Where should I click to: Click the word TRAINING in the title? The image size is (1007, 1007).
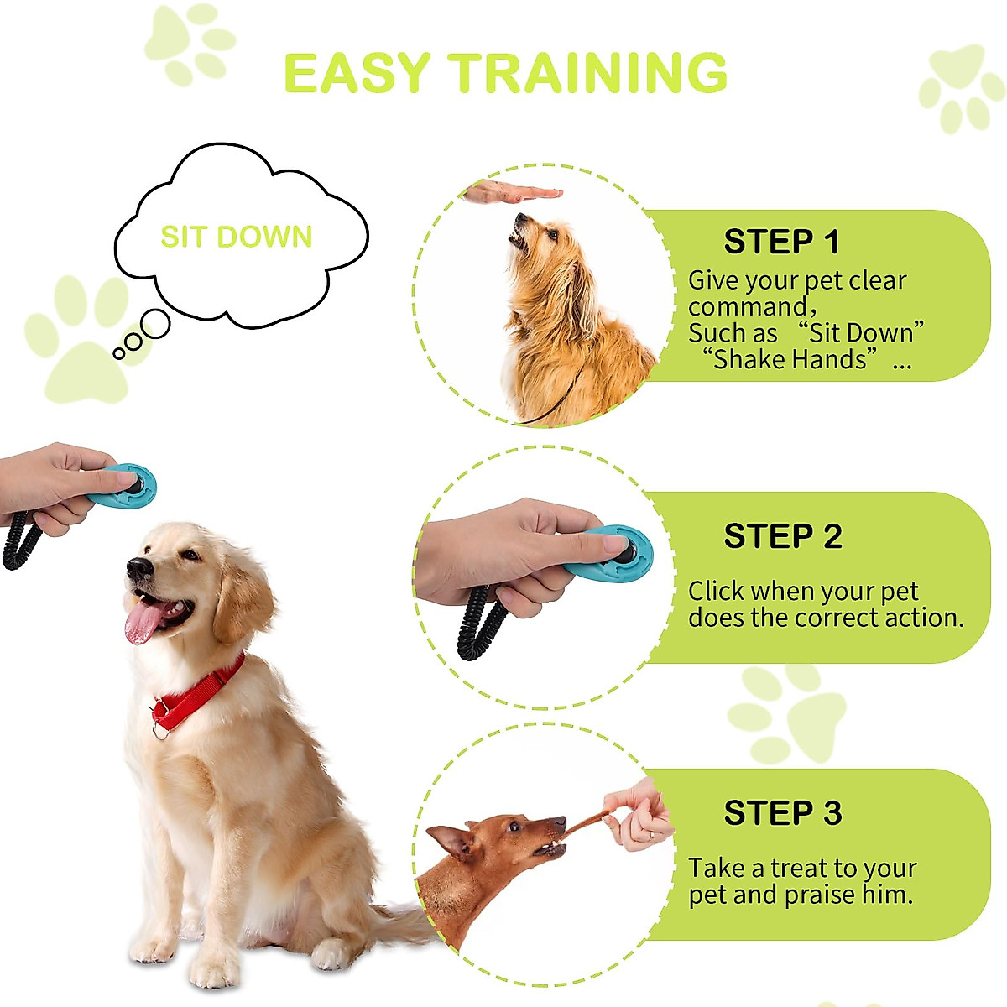click(587, 74)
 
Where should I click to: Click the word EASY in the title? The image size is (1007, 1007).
click(357, 74)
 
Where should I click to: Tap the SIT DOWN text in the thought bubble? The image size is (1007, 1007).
click(236, 237)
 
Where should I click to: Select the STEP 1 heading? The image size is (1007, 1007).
click(781, 242)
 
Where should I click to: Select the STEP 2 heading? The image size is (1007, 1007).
click(782, 536)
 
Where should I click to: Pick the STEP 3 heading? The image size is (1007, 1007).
click(782, 813)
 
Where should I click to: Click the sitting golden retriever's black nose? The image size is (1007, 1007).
click(138, 568)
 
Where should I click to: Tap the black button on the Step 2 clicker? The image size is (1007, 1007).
click(626, 551)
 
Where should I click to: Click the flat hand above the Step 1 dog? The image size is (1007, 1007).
click(512, 194)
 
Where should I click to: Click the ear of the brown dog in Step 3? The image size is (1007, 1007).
click(454, 840)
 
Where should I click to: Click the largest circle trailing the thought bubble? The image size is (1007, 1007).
click(155, 324)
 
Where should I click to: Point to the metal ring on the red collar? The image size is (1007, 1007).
click(159, 729)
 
